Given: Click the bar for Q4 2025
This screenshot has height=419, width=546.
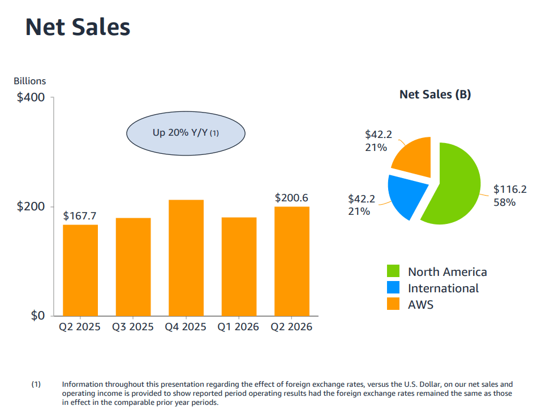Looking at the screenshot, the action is [186, 258].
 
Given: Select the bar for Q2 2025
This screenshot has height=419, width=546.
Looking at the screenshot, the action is [80, 270].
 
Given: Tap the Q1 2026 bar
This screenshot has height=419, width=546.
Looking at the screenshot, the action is [239, 266].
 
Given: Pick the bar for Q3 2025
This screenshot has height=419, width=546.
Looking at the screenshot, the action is [133, 267].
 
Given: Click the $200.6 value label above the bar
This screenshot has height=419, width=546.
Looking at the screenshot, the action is [291, 198].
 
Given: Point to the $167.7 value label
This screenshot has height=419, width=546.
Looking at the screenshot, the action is [79, 216].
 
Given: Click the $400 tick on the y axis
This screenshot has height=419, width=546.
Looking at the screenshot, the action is [31, 97].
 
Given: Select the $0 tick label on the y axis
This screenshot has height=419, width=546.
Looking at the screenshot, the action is [37, 316].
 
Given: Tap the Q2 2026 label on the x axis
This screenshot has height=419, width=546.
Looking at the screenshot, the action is [291, 327].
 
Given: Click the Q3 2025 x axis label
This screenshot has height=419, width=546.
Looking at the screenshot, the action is [132, 327].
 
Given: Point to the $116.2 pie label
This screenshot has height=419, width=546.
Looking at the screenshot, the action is [510, 196].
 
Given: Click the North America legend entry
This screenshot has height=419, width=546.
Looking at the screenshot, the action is [437, 271].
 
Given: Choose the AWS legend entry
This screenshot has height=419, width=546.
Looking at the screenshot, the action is [410, 304].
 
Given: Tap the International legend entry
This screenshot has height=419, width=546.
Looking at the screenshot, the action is [433, 288].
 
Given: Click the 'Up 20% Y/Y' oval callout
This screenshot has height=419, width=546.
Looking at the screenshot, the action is [186, 133].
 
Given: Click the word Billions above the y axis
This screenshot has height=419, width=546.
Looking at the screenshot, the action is [29, 81].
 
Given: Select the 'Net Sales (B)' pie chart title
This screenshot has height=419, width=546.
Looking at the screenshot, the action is [435, 94].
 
